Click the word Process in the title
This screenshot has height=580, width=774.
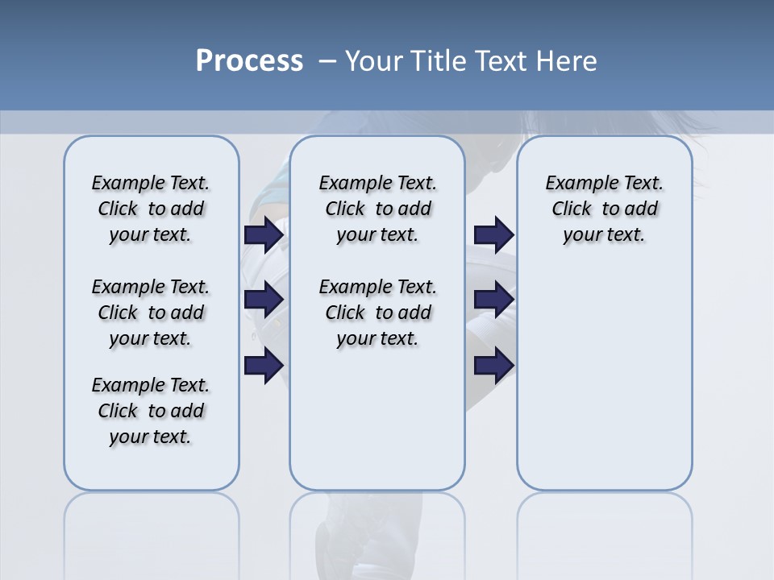click(x=249, y=61)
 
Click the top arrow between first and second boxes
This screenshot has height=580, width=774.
click(x=264, y=234)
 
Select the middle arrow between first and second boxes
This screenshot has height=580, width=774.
click(x=264, y=300)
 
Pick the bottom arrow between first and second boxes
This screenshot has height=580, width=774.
click(x=264, y=365)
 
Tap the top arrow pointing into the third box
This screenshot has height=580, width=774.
click(x=494, y=234)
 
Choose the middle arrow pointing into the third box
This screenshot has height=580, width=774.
click(x=494, y=300)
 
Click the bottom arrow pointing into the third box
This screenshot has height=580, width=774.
click(x=494, y=365)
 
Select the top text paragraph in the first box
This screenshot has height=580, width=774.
click(x=151, y=209)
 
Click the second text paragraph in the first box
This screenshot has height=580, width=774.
click(x=151, y=313)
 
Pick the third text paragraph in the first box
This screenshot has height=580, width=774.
click(x=151, y=411)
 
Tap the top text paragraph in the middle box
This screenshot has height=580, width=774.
click(x=377, y=209)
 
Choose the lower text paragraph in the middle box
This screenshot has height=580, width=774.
click(x=377, y=313)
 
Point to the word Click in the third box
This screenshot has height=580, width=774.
click(x=572, y=209)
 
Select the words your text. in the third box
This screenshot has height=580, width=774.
click(x=604, y=235)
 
